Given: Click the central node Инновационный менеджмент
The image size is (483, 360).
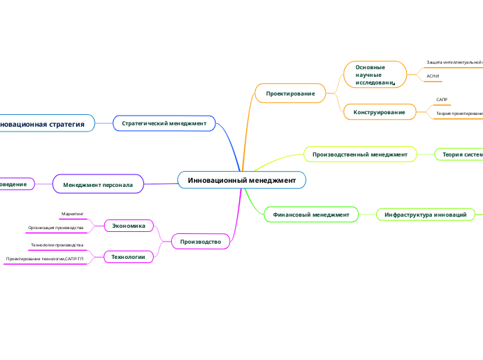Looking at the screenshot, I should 242,180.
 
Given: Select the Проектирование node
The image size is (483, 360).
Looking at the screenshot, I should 290,93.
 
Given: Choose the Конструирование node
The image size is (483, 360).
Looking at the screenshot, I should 379,111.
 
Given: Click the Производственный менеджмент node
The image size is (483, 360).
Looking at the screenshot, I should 360,154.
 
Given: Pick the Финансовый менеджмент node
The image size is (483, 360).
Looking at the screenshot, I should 311,215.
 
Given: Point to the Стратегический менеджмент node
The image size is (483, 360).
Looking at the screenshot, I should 164,123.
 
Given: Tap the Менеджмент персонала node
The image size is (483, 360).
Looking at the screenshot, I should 98,185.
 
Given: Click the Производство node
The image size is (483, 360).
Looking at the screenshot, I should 200,242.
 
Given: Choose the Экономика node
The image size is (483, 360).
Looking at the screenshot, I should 129,225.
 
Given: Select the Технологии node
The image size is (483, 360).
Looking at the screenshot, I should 128,257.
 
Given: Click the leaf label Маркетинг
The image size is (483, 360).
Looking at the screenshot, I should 72,215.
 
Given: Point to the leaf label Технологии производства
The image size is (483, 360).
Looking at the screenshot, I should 57,245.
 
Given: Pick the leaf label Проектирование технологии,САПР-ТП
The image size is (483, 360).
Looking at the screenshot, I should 44,258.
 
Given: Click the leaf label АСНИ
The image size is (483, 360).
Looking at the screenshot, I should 433,77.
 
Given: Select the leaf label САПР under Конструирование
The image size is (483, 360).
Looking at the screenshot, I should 441,100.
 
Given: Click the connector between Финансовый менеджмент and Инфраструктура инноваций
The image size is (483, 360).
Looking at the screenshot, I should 368,215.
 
